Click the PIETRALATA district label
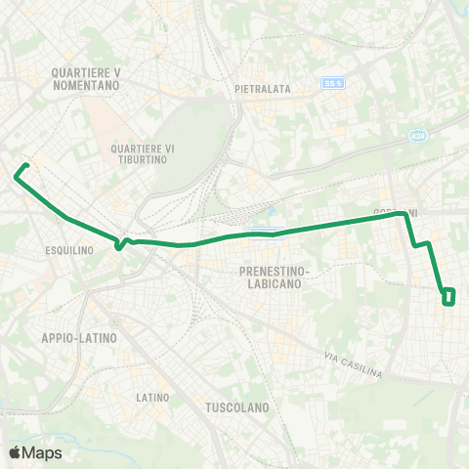tap(263, 89)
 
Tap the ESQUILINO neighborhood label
tap(69, 250)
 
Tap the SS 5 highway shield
tap(333, 84)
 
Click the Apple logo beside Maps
tap(15, 452)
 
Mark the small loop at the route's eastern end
tap(448, 295)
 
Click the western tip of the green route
tap(17, 176)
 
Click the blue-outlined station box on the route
tap(267, 233)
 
